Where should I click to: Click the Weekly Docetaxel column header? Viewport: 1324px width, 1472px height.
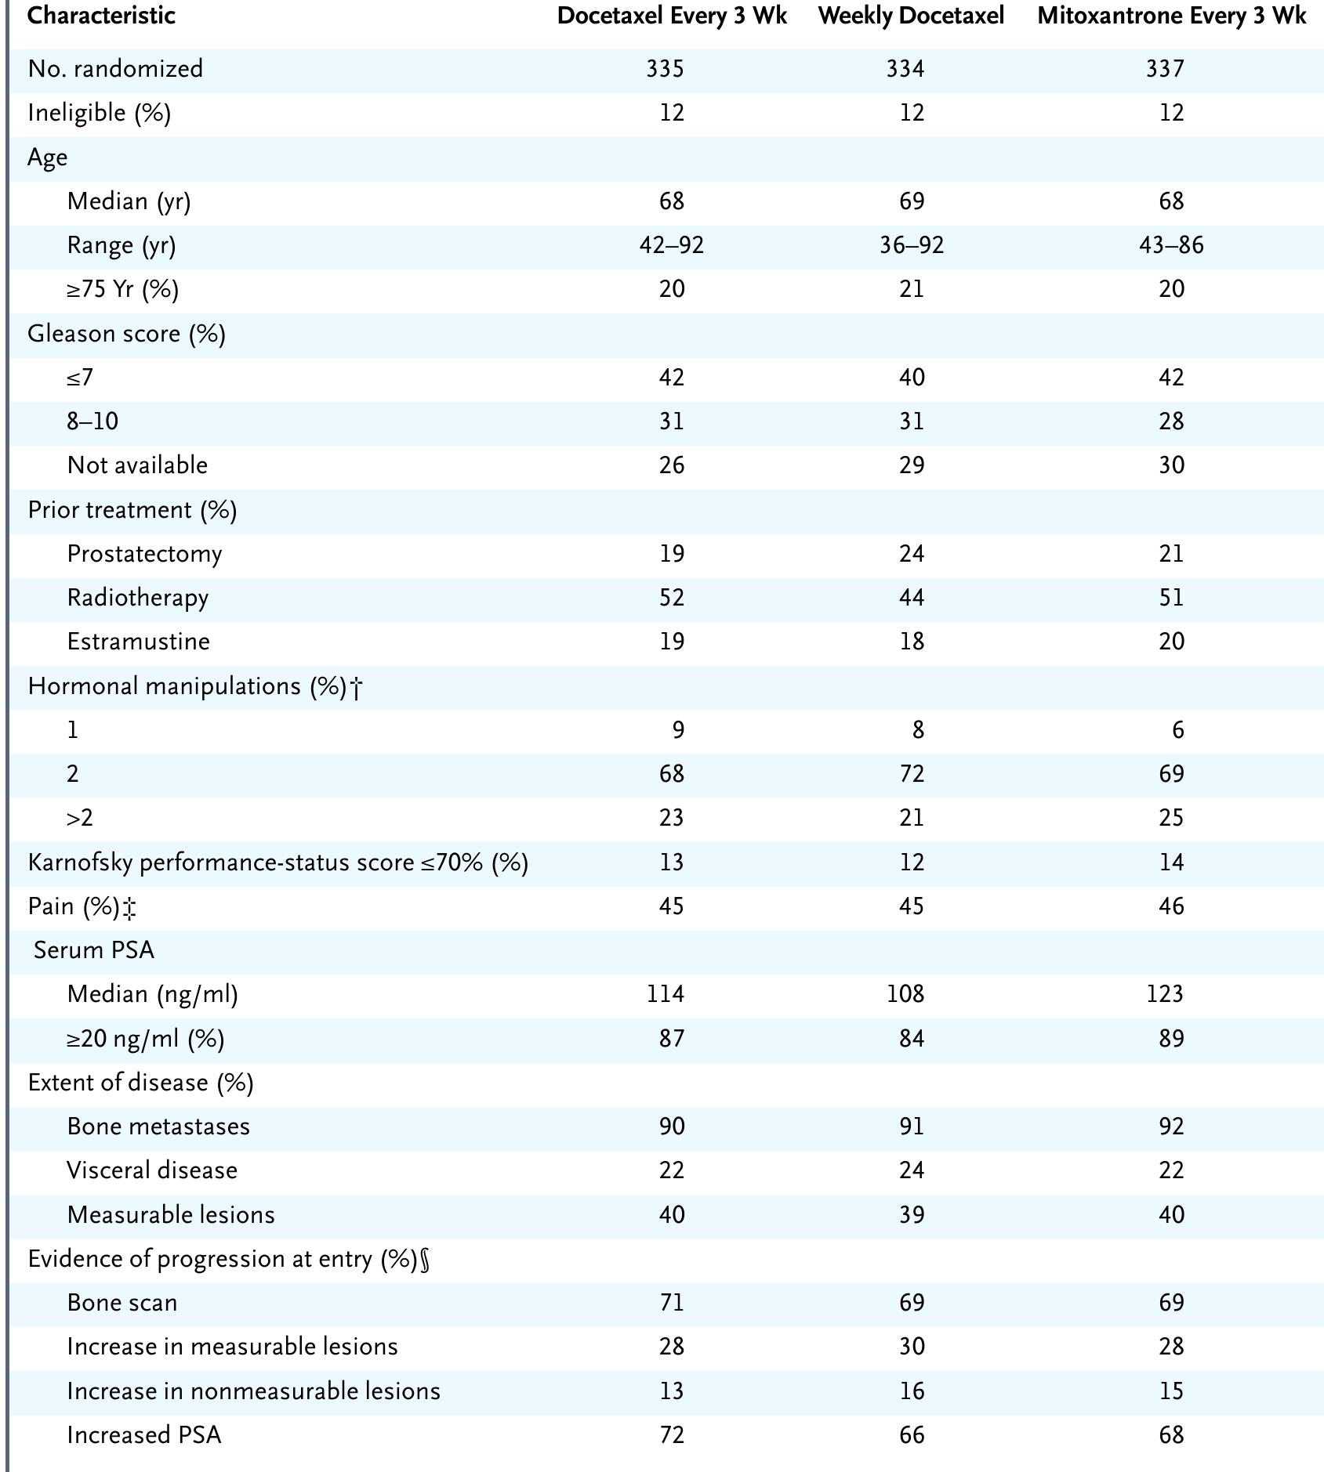[911, 16]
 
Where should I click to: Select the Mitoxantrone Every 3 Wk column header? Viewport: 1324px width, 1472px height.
[1171, 16]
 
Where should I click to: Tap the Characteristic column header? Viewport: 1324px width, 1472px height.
[101, 16]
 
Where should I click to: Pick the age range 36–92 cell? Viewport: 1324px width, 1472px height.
[911, 246]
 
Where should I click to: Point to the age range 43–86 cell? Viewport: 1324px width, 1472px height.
[1171, 246]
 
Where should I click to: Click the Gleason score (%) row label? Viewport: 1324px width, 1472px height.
[126, 334]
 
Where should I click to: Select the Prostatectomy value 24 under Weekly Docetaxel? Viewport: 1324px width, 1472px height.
[911, 554]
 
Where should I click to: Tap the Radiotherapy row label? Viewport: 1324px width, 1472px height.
[138, 598]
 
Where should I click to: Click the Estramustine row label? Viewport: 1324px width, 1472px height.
[138, 642]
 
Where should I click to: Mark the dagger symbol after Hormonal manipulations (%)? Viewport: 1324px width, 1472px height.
[356, 688]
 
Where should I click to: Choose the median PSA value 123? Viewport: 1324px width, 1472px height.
[1164, 994]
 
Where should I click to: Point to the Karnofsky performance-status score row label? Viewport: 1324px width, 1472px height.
[277, 863]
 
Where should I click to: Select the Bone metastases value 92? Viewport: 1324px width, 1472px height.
[1171, 1127]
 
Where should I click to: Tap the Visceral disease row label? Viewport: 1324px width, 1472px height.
[152, 1170]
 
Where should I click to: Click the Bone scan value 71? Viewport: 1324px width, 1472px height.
[671, 1303]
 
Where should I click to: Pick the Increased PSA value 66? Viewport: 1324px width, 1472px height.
[911, 1435]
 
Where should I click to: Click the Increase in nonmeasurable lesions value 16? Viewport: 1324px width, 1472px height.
[911, 1391]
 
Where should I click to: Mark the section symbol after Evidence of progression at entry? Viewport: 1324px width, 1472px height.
[425, 1260]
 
